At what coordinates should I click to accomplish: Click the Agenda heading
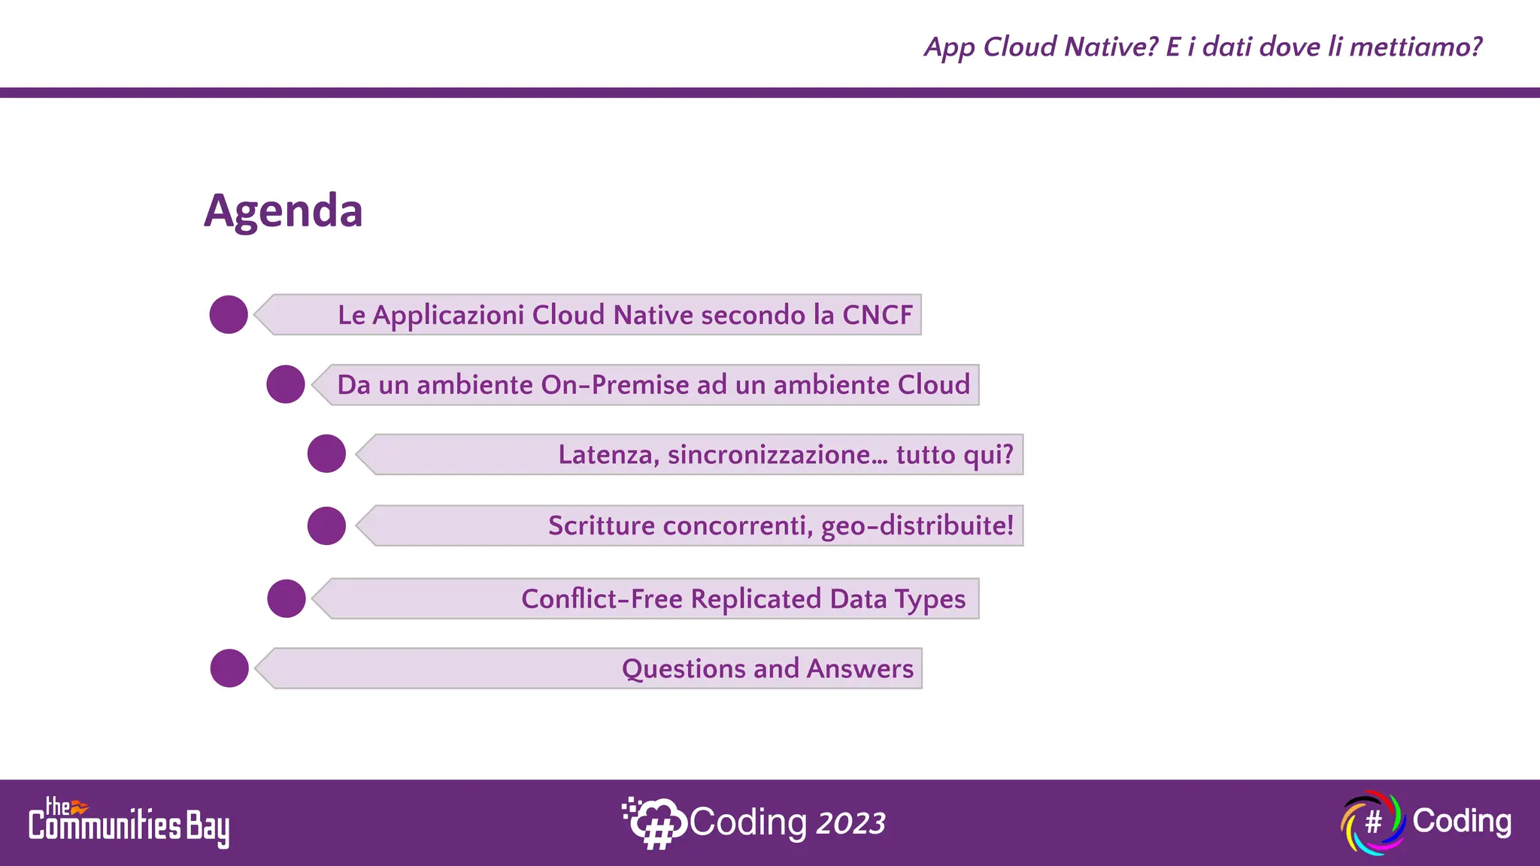click(283, 210)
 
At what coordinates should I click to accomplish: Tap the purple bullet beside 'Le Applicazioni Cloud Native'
click(229, 314)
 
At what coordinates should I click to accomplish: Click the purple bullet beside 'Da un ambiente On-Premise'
click(286, 384)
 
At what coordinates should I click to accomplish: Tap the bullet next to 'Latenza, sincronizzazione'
click(326, 454)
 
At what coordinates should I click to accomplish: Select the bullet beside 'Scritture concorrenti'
click(326, 525)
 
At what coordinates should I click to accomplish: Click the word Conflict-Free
click(602, 599)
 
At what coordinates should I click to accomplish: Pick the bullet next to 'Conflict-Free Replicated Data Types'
click(286, 598)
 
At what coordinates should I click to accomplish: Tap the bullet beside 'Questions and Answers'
click(229, 668)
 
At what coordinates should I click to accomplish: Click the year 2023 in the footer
click(850, 824)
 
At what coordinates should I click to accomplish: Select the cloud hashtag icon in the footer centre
click(653, 823)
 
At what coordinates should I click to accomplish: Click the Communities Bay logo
click(129, 823)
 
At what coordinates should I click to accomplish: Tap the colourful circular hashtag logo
click(1372, 822)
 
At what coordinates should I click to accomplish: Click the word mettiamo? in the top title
click(1414, 47)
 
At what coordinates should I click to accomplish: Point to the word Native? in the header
click(1111, 47)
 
